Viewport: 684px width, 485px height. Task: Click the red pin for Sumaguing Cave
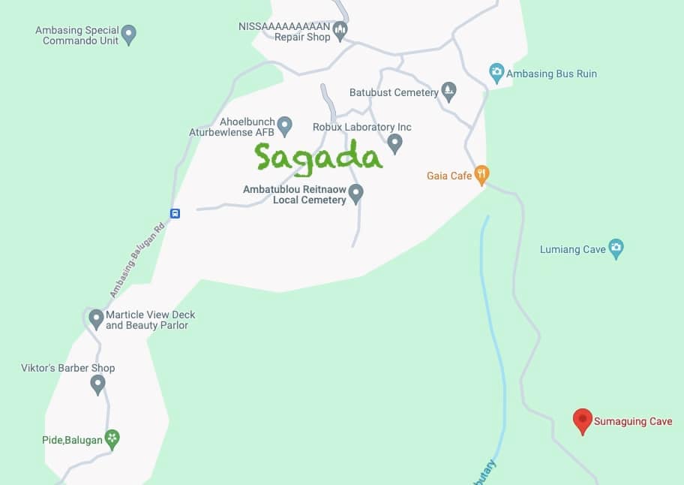582,420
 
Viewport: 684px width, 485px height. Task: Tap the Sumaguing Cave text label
633,422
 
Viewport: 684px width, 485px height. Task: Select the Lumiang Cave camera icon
616,248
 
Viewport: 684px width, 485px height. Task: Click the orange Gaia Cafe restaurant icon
481,175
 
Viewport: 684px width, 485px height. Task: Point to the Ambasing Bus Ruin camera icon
496,73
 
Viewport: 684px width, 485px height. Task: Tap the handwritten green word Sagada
318,157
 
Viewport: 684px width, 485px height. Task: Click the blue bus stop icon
175,213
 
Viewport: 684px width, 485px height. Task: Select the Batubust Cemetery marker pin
448,91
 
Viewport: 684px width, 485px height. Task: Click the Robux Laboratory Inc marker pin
395,142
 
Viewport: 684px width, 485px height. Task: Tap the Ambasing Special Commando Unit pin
129,34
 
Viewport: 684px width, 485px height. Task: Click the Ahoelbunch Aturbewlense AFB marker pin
284,124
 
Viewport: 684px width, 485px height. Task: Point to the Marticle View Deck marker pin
96,318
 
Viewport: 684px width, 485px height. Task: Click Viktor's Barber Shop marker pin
97,384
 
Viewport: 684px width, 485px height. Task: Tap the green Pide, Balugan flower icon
112,438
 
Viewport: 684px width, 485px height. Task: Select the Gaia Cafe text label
449,176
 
